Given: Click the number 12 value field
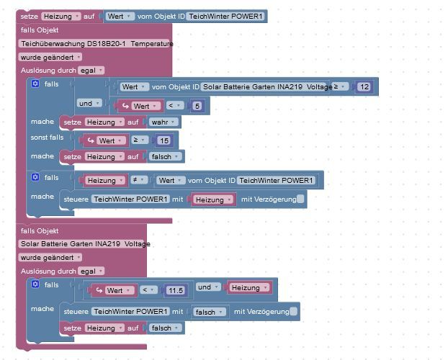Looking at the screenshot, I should (364, 87).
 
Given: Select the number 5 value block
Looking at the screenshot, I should (198, 107).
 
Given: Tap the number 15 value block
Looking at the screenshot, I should (164, 140).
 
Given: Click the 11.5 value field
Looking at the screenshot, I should (175, 290).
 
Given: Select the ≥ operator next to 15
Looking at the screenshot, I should (140, 140).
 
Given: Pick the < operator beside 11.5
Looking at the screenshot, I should (148, 290).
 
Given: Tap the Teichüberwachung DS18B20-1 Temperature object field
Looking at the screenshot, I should (97, 44).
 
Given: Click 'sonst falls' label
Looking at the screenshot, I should (47, 137).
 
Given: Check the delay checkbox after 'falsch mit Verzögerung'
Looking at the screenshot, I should (293, 312).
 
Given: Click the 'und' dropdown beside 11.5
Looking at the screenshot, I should (207, 287).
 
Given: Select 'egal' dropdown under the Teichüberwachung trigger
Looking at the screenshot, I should (91, 70).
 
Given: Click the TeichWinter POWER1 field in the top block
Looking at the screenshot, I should (226, 16).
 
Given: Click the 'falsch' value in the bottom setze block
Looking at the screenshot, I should (164, 328).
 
